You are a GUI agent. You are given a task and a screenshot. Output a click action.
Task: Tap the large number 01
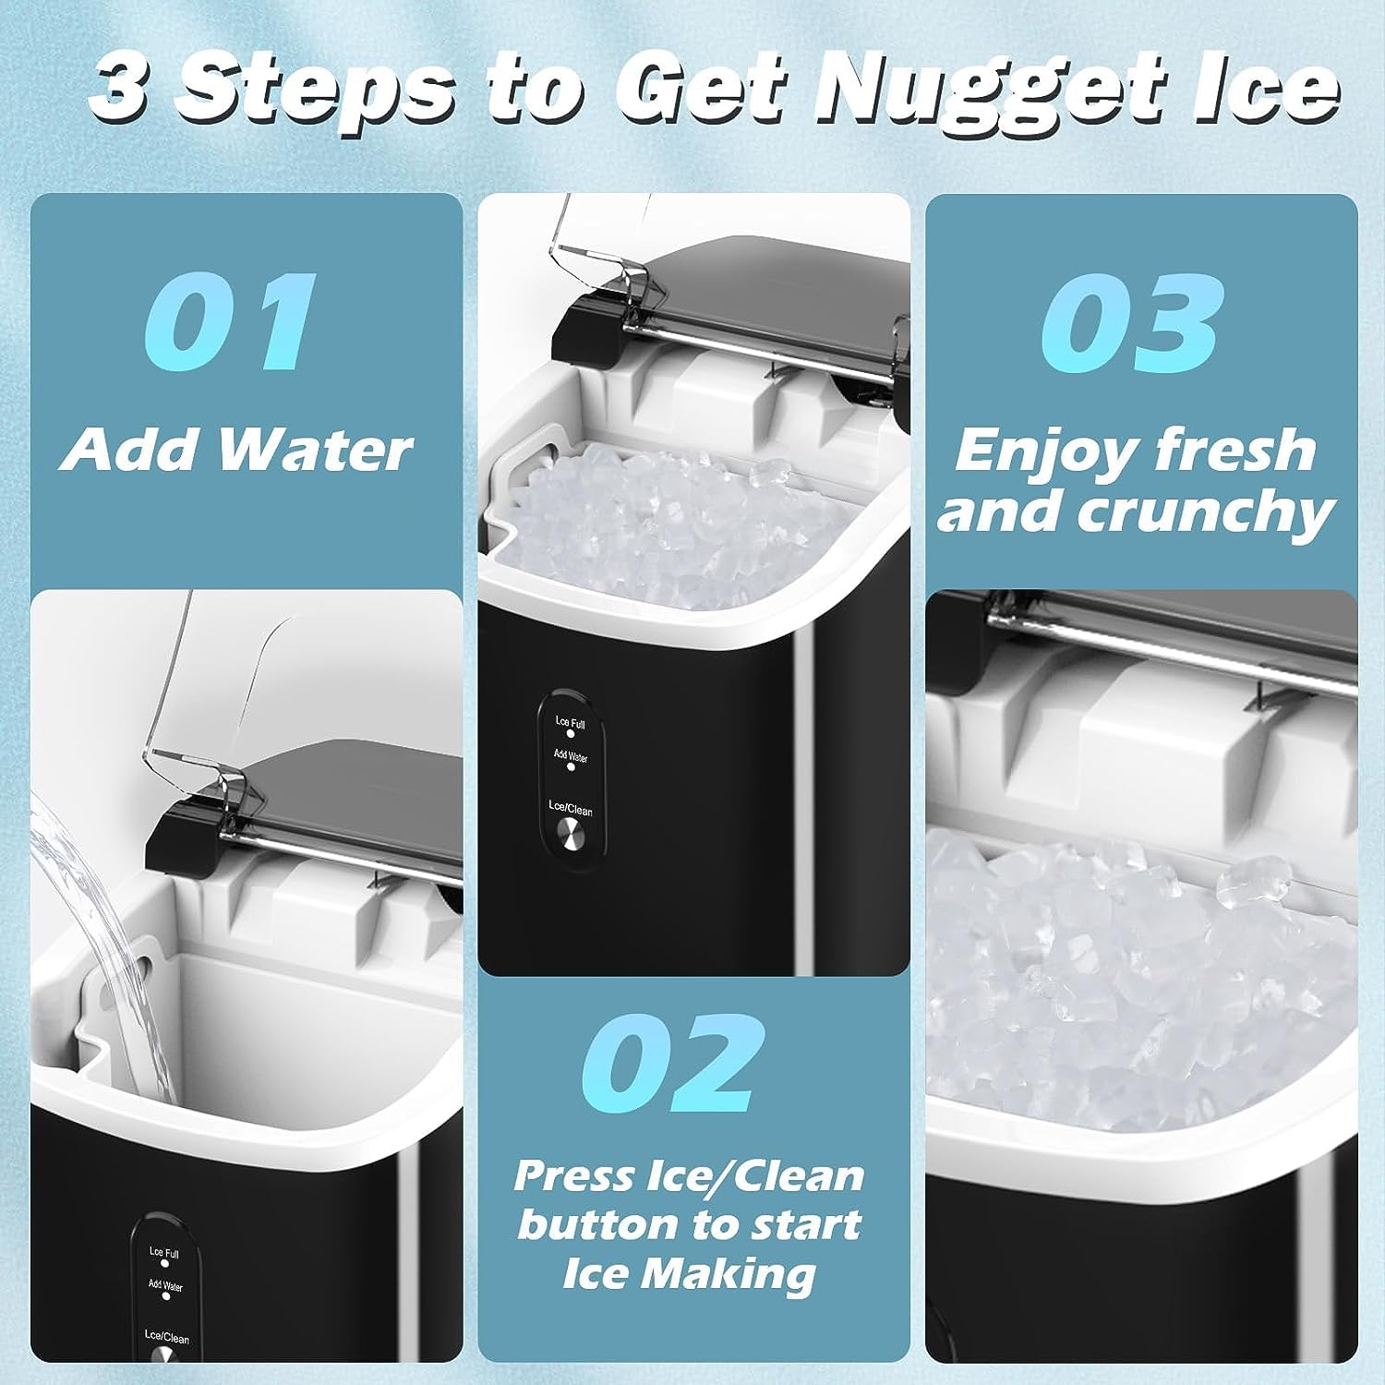tap(230, 321)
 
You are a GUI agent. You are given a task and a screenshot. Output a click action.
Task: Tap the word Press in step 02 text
tap(569, 1176)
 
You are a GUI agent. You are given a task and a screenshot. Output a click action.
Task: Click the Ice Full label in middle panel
tap(570, 723)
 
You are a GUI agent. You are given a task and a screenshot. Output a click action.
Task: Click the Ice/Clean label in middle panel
tap(571, 809)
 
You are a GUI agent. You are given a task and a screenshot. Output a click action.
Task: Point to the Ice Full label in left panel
tap(164, 1253)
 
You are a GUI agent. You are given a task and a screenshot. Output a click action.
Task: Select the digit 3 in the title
tap(124, 90)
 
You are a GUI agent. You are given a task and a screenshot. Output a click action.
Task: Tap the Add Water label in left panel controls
tap(165, 1285)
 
